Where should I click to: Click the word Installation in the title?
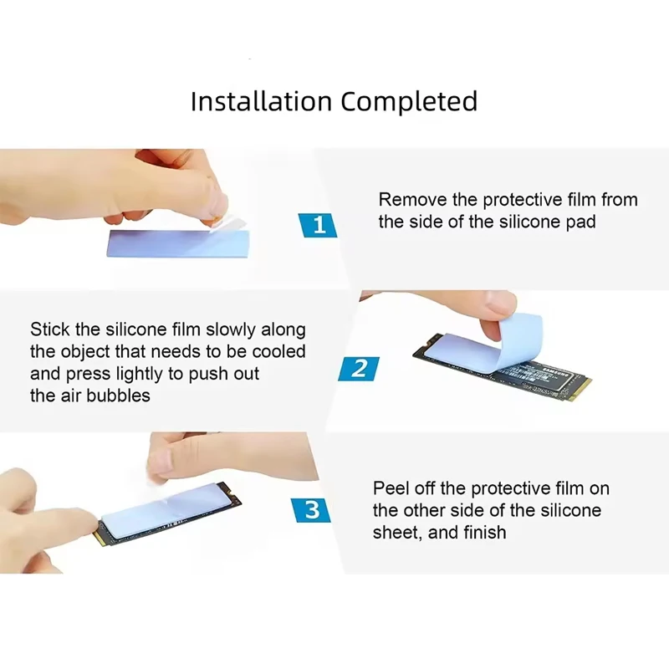pyautogui.click(x=261, y=101)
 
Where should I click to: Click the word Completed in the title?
pyautogui.click(x=409, y=101)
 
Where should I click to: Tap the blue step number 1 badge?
pyautogui.click(x=318, y=225)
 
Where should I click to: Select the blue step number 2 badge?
pyautogui.click(x=359, y=369)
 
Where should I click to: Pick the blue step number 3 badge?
pyautogui.click(x=311, y=510)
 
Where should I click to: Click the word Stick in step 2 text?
pyautogui.click(x=50, y=329)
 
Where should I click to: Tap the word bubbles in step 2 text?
pyautogui.click(x=118, y=396)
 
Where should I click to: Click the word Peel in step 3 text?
pyautogui.click(x=391, y=488)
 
